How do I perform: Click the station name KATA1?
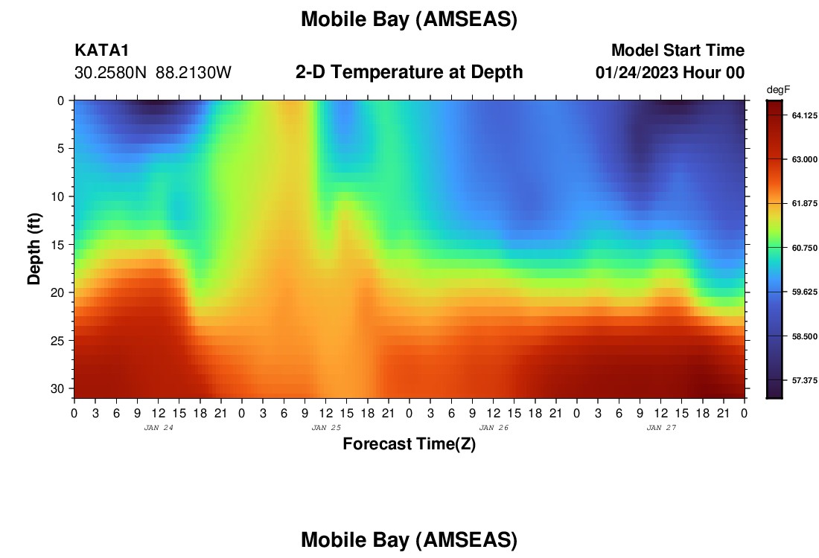tap(101, 50)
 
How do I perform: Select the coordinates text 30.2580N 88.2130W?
tap(153, 73)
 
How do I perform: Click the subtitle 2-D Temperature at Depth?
tap(409, 71)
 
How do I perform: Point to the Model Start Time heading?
tap(678, 50)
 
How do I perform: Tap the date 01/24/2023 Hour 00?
tap(670, 73)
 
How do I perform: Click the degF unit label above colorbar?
tap(778, 90)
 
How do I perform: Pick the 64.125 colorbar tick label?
tap(804, 115)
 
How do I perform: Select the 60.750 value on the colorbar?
tap(804, 248)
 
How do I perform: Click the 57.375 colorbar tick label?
tap(804, 380)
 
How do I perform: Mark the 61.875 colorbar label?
tap(804, 204)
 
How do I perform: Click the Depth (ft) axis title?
tap(34, 248)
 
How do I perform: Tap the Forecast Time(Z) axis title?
tap(409, 443)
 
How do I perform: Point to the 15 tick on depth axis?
tap(60, 245)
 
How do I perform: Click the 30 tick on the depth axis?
tap(60, 389)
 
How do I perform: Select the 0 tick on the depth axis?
tap(61, 100)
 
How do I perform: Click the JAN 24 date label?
tap(159, 428)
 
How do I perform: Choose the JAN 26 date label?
tap(494, 428)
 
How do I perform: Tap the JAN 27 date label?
tap(661, 428)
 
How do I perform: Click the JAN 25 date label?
tap(326, 428)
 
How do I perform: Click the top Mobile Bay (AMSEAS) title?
tap(409, 19)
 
